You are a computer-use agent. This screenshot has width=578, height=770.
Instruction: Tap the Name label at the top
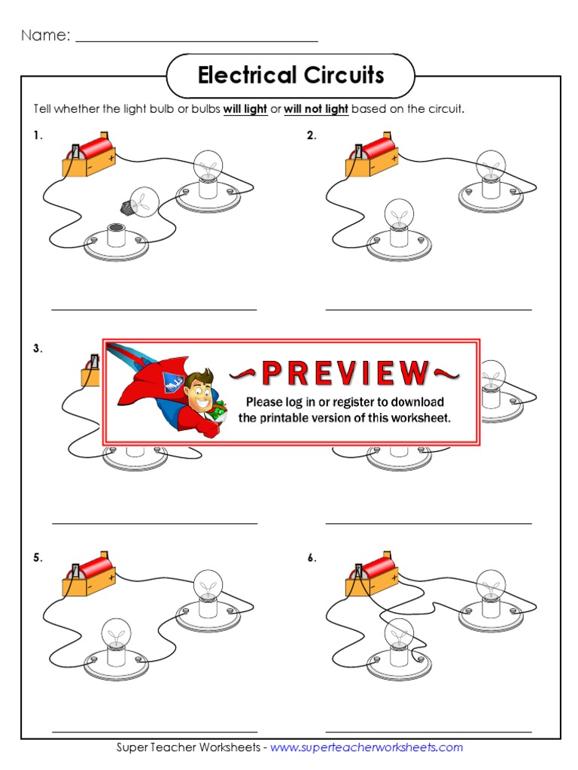[46, 35]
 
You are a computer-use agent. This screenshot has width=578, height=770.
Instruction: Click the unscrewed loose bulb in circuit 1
[141, 202]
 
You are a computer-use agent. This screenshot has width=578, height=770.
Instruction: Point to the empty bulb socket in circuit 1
[117, 235]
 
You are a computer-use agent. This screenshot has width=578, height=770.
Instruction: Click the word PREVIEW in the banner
[345, 373]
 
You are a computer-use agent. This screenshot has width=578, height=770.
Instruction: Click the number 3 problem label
[38, 349]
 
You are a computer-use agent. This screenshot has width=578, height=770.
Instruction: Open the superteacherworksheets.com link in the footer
[367, 747]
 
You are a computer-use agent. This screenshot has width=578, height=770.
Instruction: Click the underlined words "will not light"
[316, 109]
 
